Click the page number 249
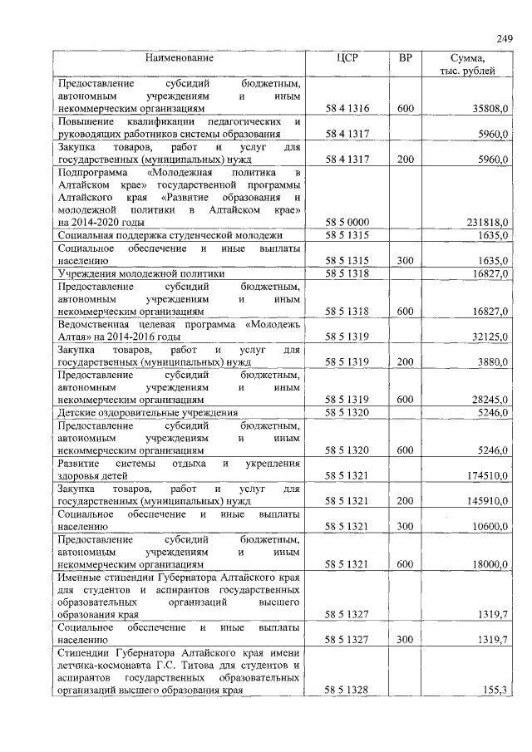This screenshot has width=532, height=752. click(x=505, y=37)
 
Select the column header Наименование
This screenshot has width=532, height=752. click(x=180, y=58)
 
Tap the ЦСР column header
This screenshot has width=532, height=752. click(x=347, y=58)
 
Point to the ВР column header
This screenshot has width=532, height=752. click(x=405, y=58)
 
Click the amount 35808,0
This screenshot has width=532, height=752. click(x=490, y=109)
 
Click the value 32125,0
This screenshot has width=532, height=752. click(x=490, y=337)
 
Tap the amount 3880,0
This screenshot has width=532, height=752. click(x=493, y=362)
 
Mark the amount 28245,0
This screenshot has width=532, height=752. click(x=490, y=400)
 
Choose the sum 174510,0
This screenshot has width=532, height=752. click(x=487, y=476)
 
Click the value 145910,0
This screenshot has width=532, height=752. click(x=487, y=501)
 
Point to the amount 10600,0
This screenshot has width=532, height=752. click(x=490, y=527)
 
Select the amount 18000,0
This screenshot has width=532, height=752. click(x=490, y=564)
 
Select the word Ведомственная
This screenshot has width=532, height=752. click(x=96, y=324)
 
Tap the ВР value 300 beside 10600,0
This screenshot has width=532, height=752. click(x=405, y=527)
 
